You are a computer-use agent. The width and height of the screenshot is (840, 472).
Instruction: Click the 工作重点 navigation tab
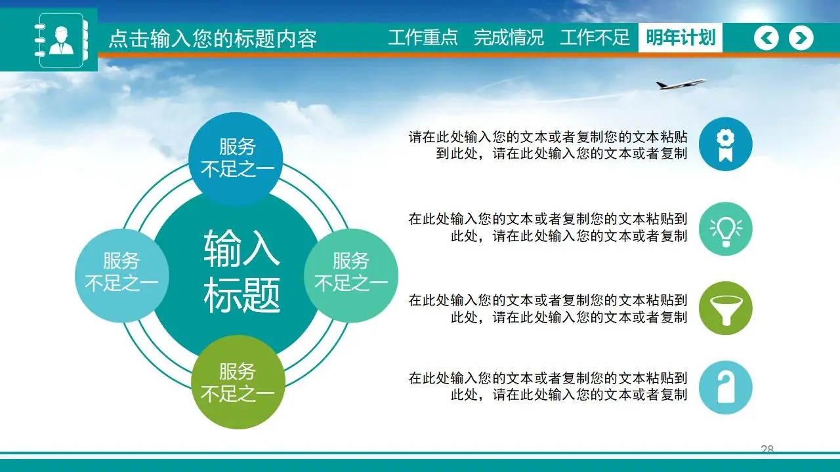pyautogui.click(x=423, y=38)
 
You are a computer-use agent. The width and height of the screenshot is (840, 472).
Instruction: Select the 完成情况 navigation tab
pyautogui.click(x=509, y=38)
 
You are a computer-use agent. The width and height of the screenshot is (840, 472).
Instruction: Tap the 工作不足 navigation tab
pyautogui.click(x=595, y=38)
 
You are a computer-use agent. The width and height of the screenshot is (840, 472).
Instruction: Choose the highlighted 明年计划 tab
pyautogui.click(x=680, y=38)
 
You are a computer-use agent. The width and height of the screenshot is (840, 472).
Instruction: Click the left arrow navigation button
pyautogui.click(x=766, y=39)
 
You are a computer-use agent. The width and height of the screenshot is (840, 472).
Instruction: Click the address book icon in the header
pyautogui.click(x=60, y=40)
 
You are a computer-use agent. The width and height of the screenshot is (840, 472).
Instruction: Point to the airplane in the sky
pyautogui.click(x=680, y=84)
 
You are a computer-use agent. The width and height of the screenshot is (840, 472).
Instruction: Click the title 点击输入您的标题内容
pyautogui.click(x=212, y=39)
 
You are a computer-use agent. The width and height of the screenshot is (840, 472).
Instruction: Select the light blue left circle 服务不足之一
pyautogui.click(x=121, y=273)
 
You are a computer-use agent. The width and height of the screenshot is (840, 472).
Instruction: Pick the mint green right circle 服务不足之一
pyautogui.click(x=351, y=273)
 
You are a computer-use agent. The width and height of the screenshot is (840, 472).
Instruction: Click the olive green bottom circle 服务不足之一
pyautogui.click(x=237, y=383)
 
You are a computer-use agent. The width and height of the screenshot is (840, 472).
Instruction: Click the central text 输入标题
pyautogui.click(x=241, y=271)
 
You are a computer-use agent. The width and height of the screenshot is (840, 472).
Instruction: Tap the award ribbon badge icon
pyautogui.click(x=725, y=145)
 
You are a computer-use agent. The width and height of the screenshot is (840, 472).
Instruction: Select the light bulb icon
pyautogui.click(x=725, y=229)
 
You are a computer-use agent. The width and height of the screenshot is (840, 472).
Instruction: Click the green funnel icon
pyautogui.click(x=725, y=308)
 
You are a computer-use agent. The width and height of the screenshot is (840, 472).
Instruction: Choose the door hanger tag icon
pyautogui.click(x=725, y=387)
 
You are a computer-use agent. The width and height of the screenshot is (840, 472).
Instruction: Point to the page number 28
pyautogui.click(x=767, y=449)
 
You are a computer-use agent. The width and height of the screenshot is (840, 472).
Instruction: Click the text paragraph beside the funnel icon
pyautogui.click(x=548, y=309)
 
